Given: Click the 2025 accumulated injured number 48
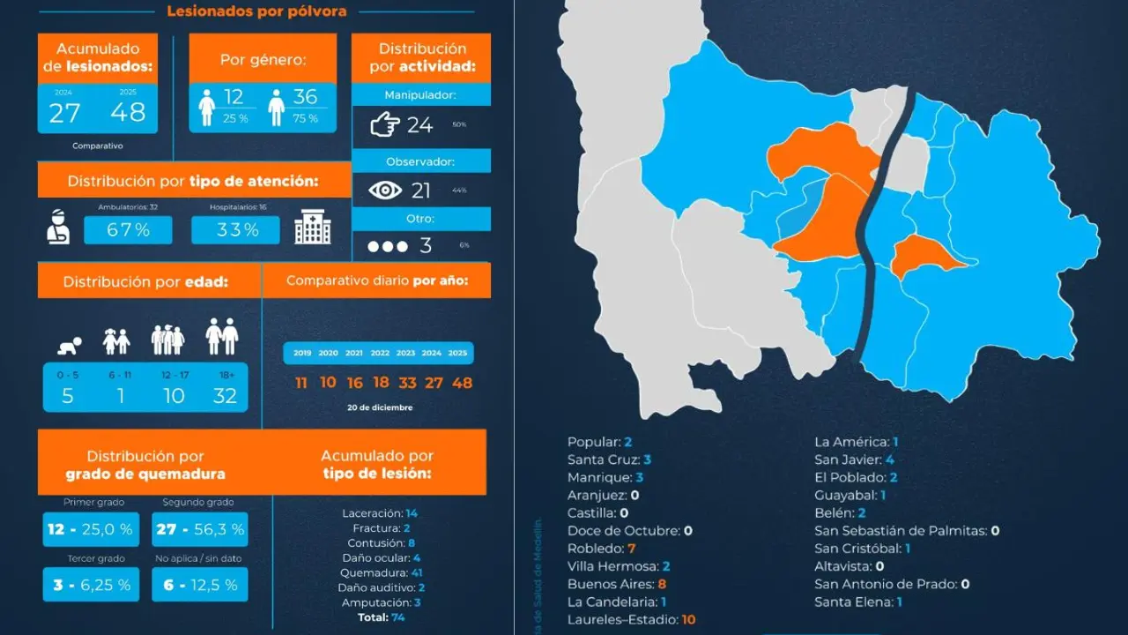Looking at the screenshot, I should point(129,113).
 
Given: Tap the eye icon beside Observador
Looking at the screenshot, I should point(384,190).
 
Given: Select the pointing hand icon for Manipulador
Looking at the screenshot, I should point(384,125).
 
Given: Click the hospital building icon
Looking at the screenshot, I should point(313,228).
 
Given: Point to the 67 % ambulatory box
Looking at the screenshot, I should point(128,230).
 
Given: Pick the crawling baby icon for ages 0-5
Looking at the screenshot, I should point(68,342).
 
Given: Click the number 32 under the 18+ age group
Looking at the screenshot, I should point(225,396).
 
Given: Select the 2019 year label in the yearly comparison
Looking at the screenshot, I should point(302,353).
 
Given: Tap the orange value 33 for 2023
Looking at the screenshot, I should point(406,383).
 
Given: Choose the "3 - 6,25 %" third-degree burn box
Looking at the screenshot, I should point(91,585).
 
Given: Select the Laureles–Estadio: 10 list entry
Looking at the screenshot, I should point(631,620).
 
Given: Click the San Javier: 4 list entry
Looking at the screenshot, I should point(855,459).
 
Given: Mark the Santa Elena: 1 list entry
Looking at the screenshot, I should point(857,602).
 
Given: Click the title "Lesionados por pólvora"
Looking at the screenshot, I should point(256,11).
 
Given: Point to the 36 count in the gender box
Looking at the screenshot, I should point(305,97).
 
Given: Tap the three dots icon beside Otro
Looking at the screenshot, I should point(388,246).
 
